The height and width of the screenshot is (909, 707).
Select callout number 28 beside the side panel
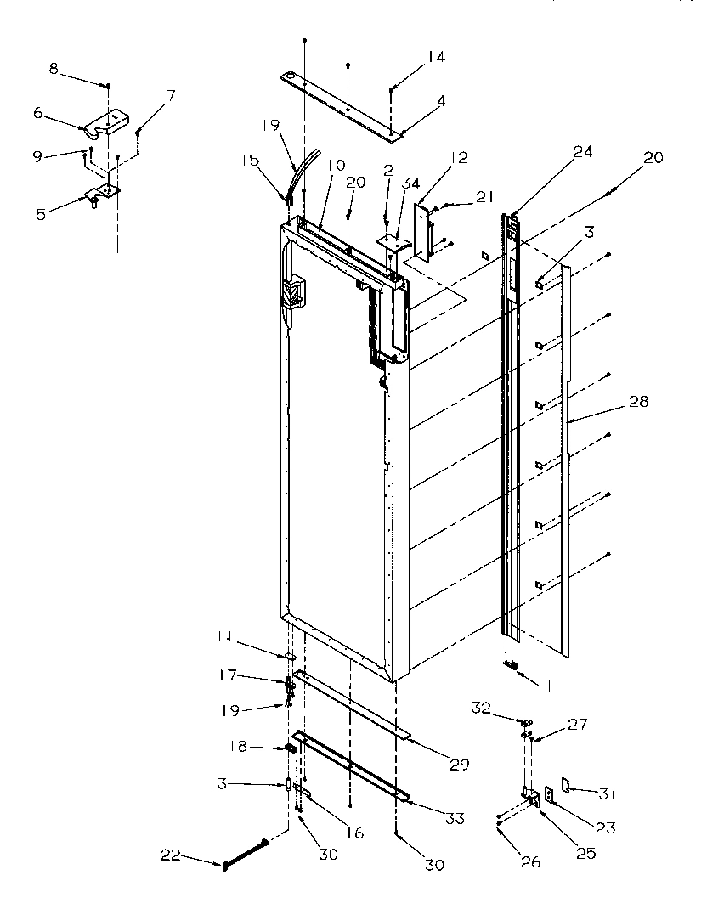(638, 401)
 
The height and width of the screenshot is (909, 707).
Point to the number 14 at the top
(436, 57)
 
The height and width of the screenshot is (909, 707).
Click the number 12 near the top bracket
(460, 157)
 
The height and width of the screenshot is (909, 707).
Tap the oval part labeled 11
(288, 656)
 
